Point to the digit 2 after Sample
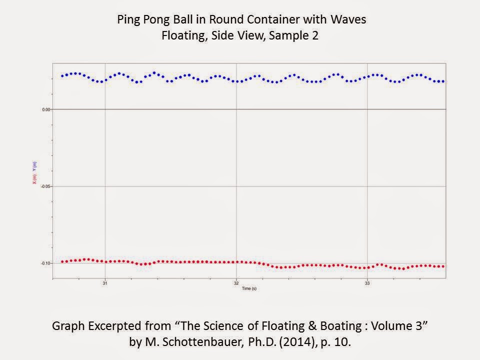(x=315, y=36)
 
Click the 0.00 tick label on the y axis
(x=45, y=109)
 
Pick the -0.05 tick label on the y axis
(x=45, y=186)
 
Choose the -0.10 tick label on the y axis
(x=45, y=263)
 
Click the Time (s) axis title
(x=249, y=289)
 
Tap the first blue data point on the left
(x=62, y=76)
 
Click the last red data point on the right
(x=443, y=266)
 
